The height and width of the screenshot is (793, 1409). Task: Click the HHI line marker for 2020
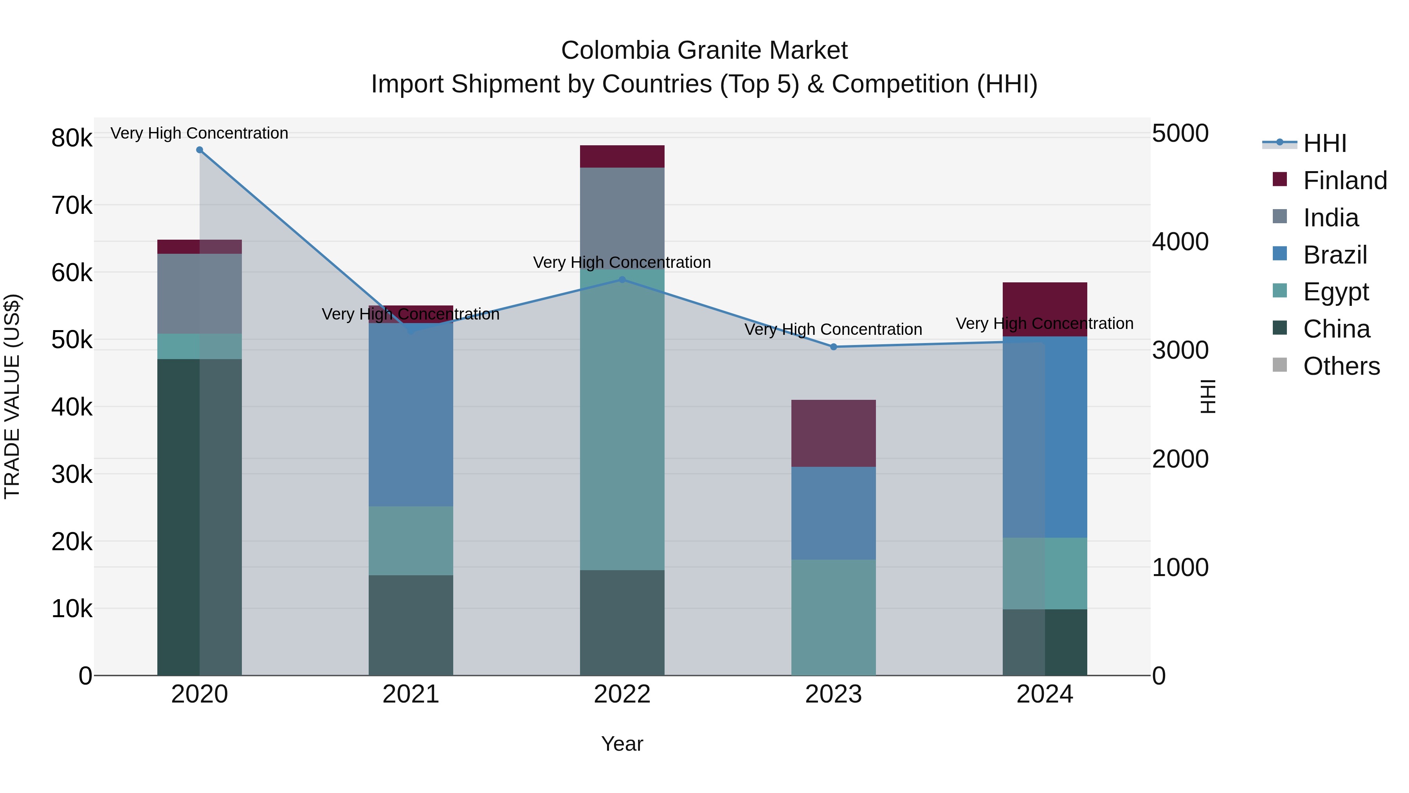click(200, 150)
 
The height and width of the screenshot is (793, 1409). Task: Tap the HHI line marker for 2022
click(622, 280)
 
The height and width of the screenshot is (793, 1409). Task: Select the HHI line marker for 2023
click(834, 347)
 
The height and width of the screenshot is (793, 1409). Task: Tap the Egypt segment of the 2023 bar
click(834, 617)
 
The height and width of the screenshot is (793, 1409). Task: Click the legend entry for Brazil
click(1335, 255)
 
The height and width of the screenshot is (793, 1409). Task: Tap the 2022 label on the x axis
click(622, 694)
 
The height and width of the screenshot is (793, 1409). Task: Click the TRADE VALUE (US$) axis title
click(13, 396)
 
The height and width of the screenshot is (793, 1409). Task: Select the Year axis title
click(622, 744)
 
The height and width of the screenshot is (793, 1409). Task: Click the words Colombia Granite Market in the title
click(704, 51)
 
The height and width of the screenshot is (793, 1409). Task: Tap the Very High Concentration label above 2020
click(200, 133)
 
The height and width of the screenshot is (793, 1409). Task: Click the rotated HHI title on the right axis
click(1207, 396)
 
